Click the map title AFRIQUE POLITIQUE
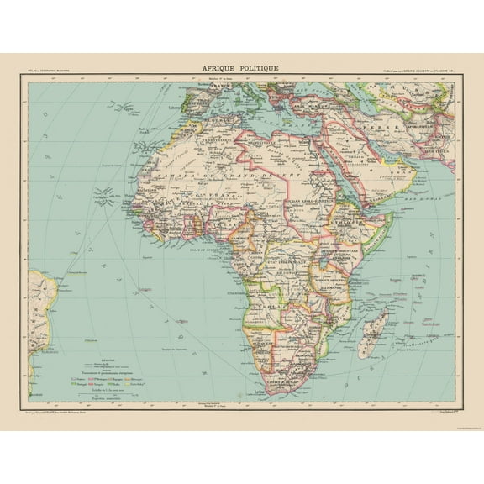(241, 68)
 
